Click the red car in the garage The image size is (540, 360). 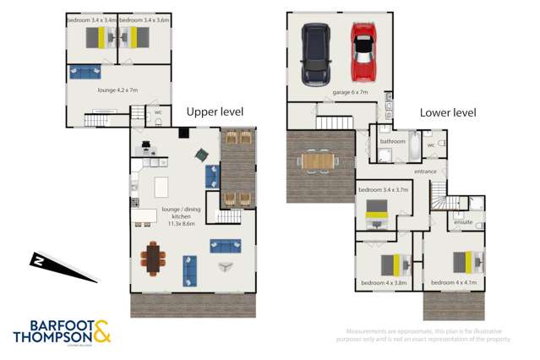coord(364,52)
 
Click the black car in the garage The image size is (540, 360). coord(315,53)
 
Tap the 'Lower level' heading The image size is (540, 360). coord(448,112)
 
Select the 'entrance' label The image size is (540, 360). coord(425,172)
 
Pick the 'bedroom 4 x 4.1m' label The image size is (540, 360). coord(454,282)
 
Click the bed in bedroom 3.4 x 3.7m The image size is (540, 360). coord(376,218)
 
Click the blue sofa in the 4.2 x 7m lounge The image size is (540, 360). coord(85,72)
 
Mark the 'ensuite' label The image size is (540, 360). coord(462,222)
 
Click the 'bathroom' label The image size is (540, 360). coord(392,141)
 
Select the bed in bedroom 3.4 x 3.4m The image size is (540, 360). coord(101,37)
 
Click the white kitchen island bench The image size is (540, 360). coord(161,185)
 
